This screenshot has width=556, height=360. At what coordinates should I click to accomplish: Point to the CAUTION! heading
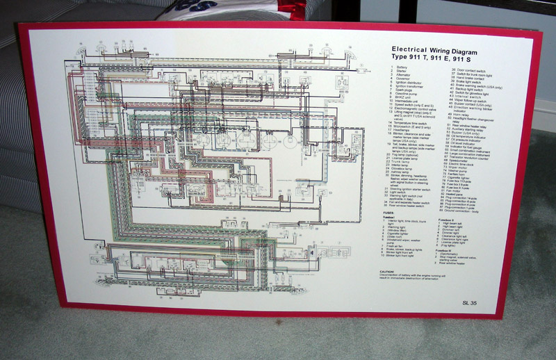[x=389, y=273]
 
